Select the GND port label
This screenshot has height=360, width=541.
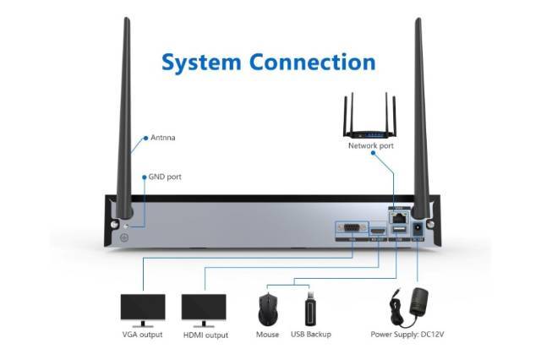point(165,177)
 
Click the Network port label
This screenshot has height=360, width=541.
point(371,145)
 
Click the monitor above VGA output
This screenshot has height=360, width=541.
point(142,308)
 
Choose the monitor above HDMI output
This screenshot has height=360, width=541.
point(205,308)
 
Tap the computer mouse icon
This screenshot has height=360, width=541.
point(268,310)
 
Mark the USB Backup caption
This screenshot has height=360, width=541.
point(311,335)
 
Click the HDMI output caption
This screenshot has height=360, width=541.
point(205,335)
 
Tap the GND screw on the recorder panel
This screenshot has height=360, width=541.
point(126,237)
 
